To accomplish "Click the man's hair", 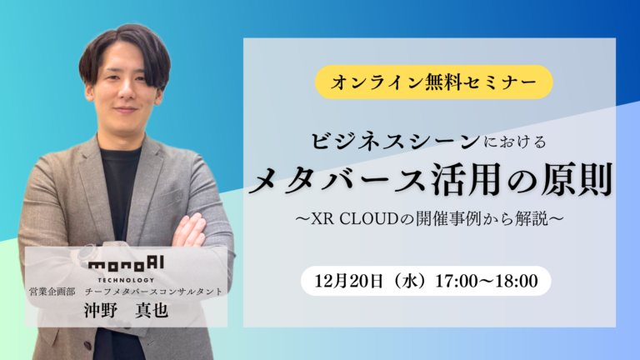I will coord(125,46).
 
